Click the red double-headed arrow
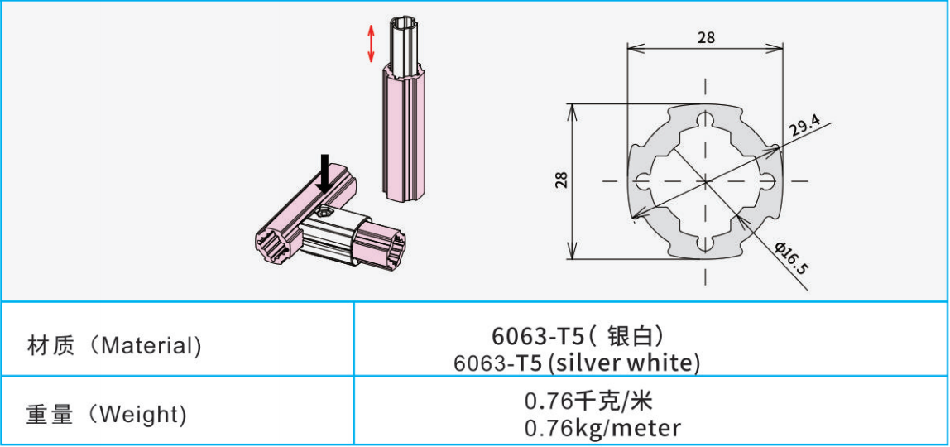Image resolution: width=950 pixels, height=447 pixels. coord(372,43)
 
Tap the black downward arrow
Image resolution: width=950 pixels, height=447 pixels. coord(325,174)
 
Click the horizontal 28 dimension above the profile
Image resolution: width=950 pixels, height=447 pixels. coord(706,37)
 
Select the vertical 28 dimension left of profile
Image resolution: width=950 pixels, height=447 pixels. coord(562,180)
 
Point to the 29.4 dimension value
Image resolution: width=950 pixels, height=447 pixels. coord(804,126)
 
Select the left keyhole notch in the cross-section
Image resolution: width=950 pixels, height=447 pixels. coord(644,180)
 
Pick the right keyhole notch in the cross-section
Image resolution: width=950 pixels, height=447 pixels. coord(767,180)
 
